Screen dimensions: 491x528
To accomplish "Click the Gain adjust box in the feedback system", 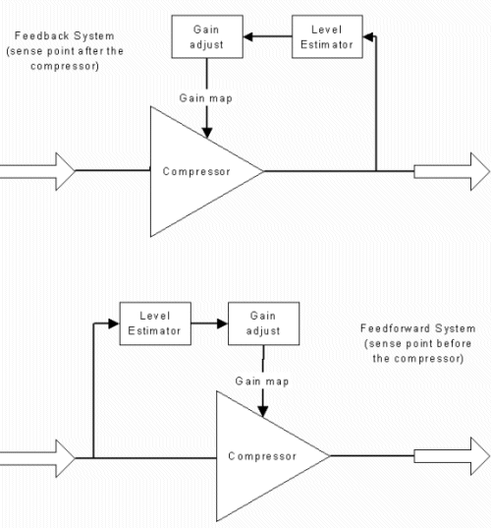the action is [207, 36].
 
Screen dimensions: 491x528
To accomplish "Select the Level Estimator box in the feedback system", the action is [327, 36].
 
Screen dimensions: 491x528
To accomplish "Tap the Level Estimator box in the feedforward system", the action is [155, 323].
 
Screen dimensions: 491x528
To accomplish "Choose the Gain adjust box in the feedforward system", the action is [263, 323].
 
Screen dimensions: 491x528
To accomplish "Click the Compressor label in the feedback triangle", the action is [196, 171].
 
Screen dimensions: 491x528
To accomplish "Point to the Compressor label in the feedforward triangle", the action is [262, 456].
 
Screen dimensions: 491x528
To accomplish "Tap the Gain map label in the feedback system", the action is [206, 98].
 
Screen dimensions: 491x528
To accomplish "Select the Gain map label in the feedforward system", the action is [262, 381].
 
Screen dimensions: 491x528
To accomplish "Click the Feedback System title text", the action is [65, 36].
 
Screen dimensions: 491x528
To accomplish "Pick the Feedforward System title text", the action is [418, 328].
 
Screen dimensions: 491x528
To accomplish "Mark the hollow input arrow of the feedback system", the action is [37, 171].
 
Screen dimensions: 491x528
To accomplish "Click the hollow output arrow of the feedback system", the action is [452, 171].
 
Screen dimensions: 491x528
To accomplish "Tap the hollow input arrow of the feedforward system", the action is [37, 458].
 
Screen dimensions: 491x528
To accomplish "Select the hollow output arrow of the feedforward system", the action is [452, 456].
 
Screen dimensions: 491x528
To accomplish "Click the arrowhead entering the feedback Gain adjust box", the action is [248, 36].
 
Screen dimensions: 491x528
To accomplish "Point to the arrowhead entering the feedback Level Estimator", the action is [368, 36].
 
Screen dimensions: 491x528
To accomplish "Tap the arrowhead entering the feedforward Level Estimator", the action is [114, 323].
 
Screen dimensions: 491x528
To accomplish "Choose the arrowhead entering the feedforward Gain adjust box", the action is [222, 323].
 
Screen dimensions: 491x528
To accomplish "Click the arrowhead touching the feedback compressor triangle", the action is [207, 133].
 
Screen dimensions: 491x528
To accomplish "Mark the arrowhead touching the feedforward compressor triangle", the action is [262, 412].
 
